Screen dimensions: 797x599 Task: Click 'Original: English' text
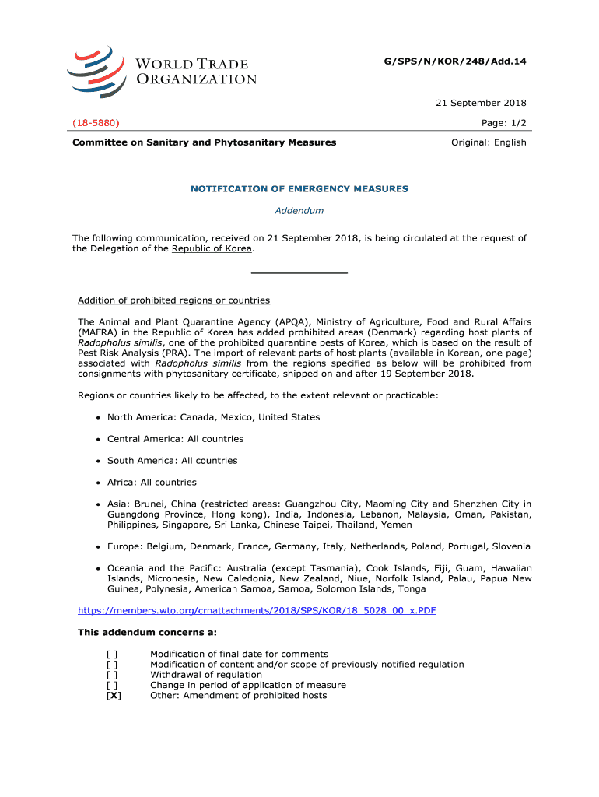click(x=489, y=142)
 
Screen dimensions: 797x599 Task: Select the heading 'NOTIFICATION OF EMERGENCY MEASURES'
click(x=299, y=189)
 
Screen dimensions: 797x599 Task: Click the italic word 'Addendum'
click(x=299, y=210)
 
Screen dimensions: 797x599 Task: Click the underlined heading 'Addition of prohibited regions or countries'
click(x=173, y=300)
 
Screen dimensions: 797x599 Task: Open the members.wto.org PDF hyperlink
click(x=257, y=610)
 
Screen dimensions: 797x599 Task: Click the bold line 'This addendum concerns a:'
click(x=147, y=633)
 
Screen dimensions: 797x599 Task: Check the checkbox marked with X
click(x=114, y=696)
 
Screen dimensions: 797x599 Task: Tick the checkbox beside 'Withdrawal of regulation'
click(x=114, y=675)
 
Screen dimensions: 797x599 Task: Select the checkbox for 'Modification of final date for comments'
click(x=114, y=654)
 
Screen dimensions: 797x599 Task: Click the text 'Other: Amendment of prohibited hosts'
click(x=238, y=696)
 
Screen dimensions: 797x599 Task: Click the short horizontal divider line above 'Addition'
click(x=299, y=273)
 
